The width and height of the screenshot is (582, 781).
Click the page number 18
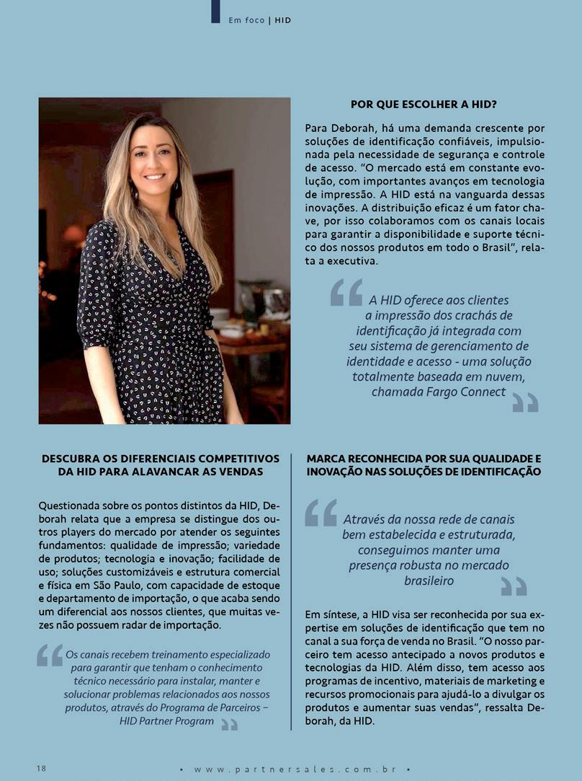click(41, 768)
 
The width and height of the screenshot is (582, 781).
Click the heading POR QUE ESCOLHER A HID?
click(424, 104)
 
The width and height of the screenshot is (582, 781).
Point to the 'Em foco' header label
click(246, 20)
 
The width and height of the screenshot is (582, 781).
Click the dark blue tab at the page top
click(215, 12)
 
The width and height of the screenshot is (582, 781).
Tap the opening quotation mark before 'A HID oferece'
click(346, 292)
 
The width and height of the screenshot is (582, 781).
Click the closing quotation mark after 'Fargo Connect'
click(525, 402)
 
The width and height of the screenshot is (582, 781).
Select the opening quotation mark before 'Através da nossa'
click(321, 513)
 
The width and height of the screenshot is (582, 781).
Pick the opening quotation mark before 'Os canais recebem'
click(50, 655)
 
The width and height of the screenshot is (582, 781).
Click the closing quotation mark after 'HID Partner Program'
click(229, 723)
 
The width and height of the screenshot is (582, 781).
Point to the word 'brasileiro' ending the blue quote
click(429, 580)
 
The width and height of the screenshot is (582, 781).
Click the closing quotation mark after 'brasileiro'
click(514, 587)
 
